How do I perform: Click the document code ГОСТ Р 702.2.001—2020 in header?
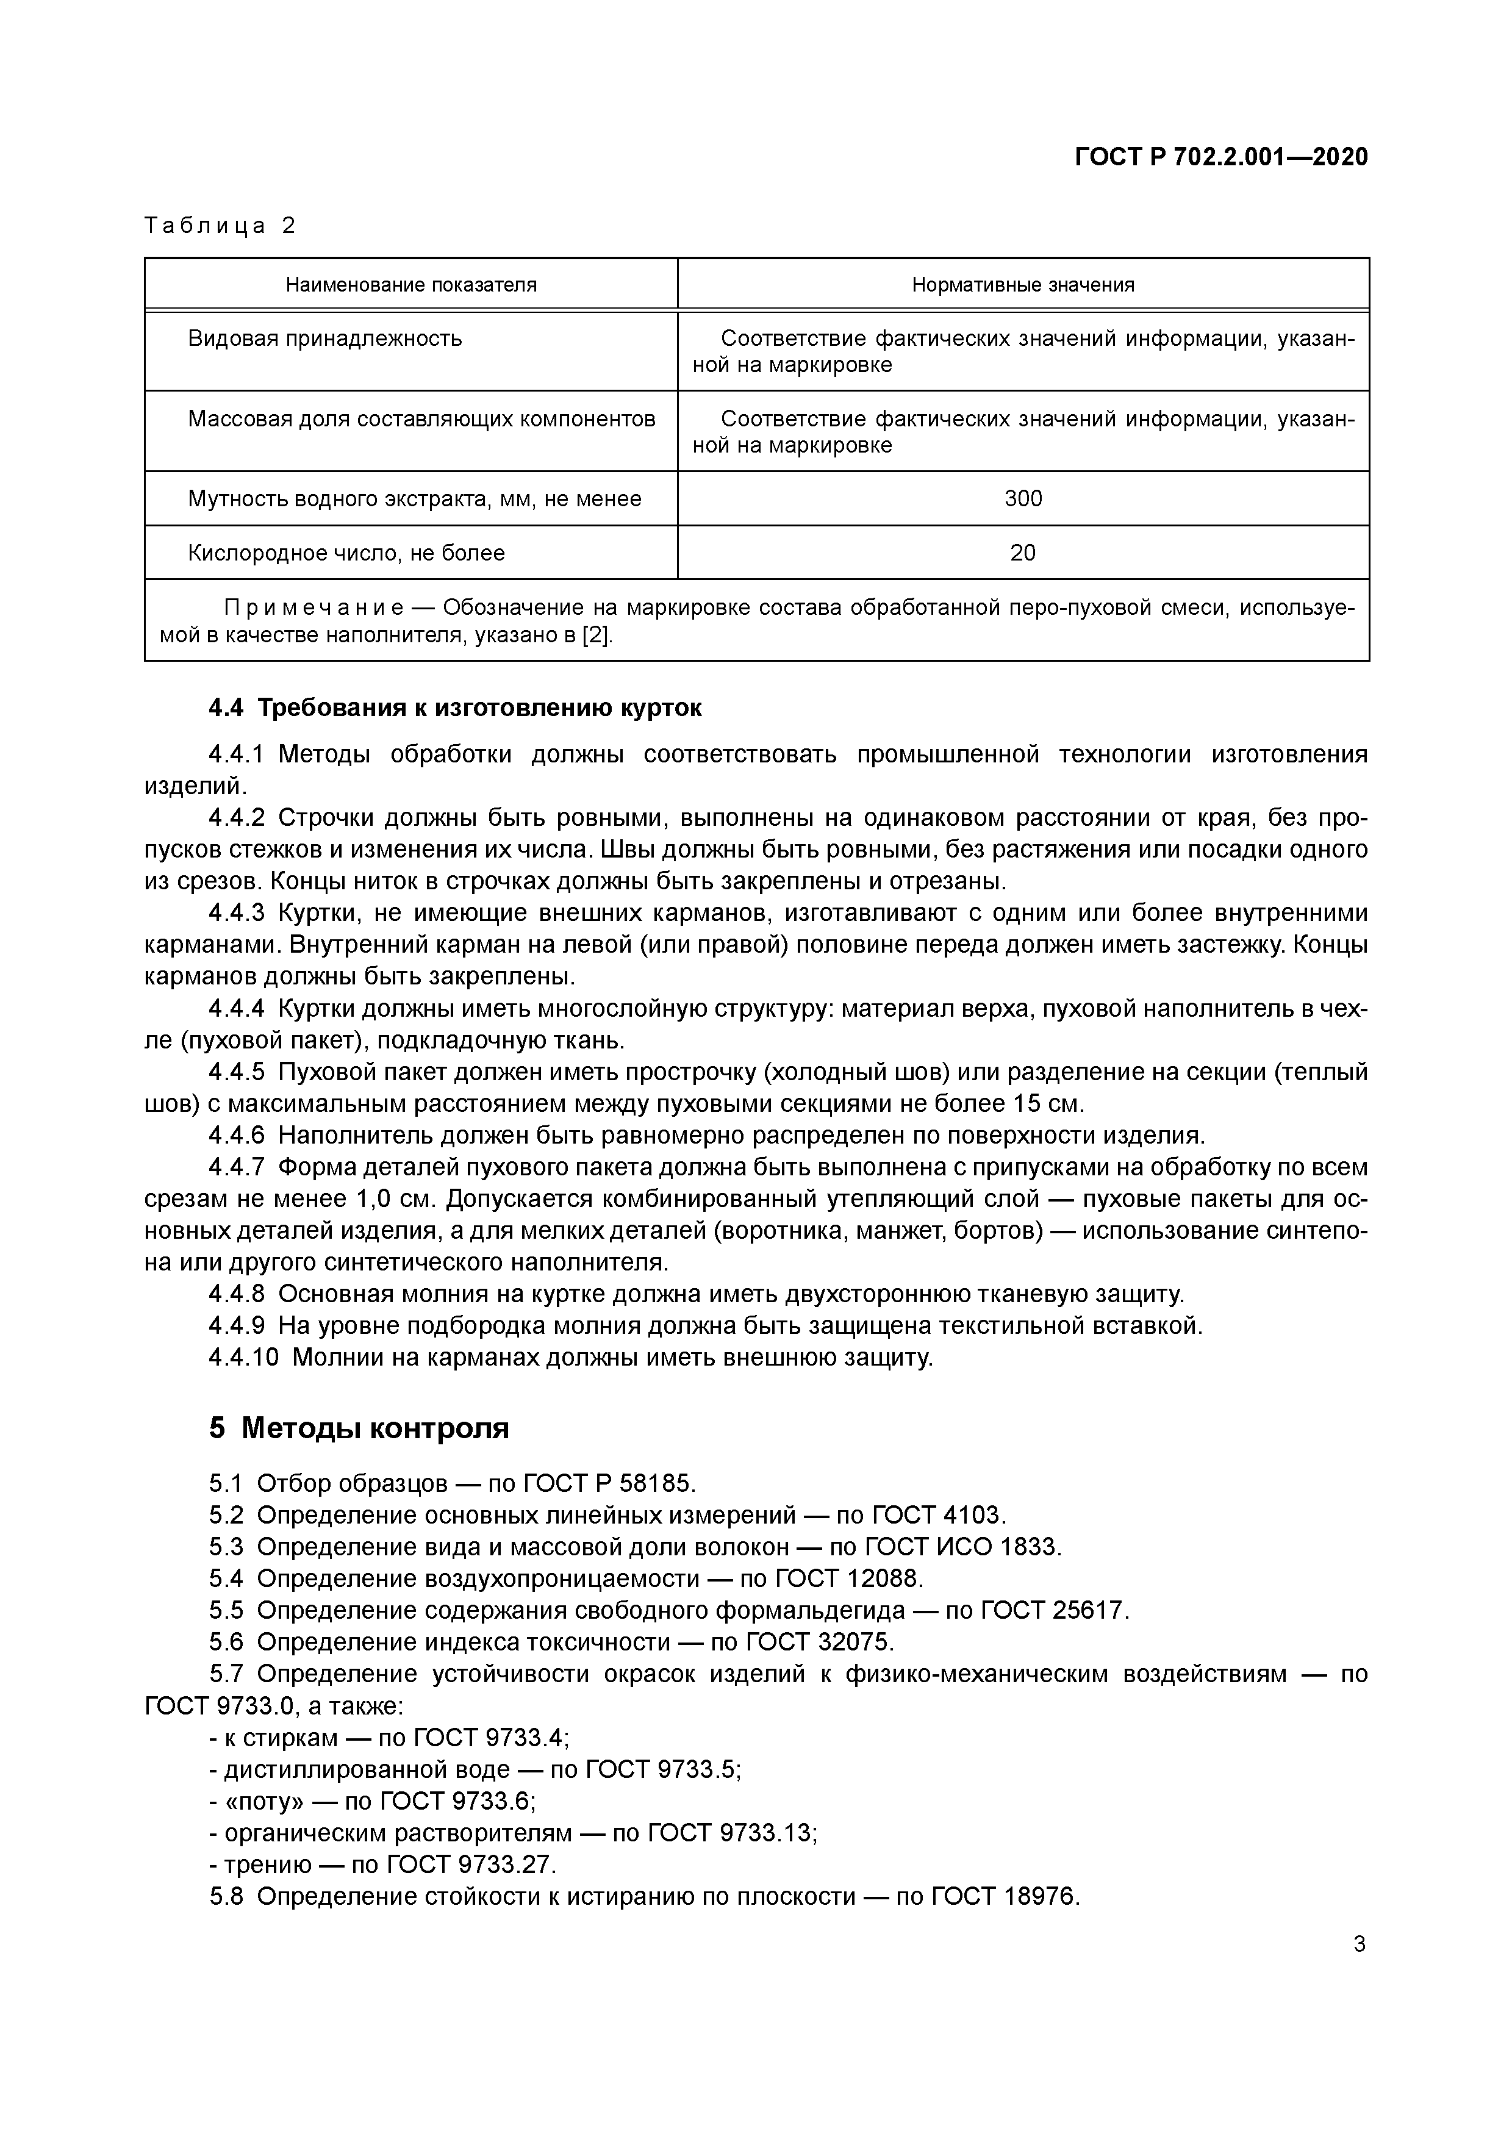[x=1221, y=157]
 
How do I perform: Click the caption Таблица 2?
[x=220, y=226]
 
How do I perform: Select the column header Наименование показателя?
[x=411, y=285]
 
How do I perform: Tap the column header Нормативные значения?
[x=1023, y=285]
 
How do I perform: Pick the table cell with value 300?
[x=1023, y=500]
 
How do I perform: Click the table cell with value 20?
[x=1023, y=553]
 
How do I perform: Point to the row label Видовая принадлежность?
[x=325, y=338]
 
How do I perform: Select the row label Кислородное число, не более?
[x=346, y=553]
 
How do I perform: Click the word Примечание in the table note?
[x=313, y=608]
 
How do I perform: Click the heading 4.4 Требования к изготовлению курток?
[x=454, y=708]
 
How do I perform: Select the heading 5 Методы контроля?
[x=359, y=1428]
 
